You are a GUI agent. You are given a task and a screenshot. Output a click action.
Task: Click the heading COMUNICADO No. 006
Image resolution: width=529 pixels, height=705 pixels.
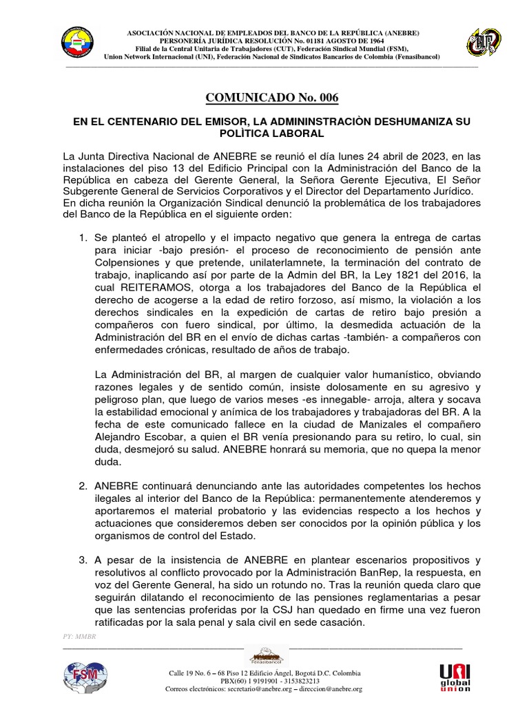[264, 98]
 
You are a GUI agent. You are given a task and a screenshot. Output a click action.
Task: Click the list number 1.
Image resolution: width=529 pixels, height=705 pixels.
[83, 238]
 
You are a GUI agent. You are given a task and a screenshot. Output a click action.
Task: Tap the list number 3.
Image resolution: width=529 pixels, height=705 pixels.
[83, 558]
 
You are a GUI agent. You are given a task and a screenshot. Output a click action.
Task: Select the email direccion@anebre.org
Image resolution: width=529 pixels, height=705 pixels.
[327, 688]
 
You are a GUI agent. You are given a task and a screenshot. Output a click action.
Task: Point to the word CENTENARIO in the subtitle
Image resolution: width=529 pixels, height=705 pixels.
[141, 121]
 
